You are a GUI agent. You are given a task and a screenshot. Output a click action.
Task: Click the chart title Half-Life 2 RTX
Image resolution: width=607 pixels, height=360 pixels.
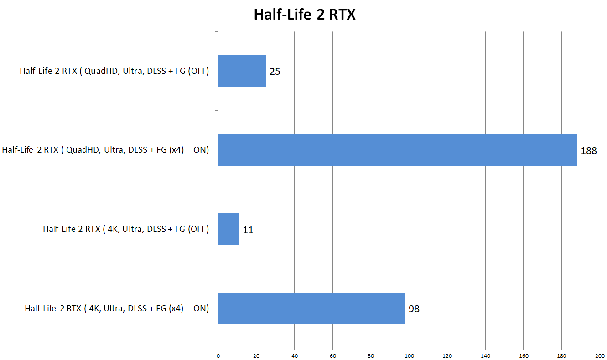click(x=304, y=15)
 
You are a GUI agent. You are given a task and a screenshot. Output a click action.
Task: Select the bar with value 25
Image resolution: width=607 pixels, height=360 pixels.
click(x=242, y=71)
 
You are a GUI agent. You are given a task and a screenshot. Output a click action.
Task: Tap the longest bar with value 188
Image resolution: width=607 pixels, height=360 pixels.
click(x=397, y=150)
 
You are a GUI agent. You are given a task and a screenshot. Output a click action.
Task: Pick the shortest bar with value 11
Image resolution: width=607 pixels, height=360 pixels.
click(x=228, y=229)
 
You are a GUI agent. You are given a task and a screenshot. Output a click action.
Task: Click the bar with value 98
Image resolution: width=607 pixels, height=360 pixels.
click(x=311, y=309)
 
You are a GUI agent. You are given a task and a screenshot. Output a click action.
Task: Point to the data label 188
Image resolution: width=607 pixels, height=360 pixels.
click(x=589, y=151)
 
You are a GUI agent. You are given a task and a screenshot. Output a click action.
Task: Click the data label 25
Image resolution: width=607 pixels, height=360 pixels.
click(x=275, y=72)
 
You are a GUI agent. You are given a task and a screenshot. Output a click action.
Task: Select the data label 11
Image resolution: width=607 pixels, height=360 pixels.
click(x=248, y=230)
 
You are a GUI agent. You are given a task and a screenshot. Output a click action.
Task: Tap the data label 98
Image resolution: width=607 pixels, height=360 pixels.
click(x=414, y=309)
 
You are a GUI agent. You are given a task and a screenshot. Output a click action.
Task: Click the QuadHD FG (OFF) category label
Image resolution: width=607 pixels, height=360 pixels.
click(x=114, y=71)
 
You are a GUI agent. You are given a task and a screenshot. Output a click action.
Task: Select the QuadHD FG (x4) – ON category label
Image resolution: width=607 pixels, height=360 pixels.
click(x=105, y=150)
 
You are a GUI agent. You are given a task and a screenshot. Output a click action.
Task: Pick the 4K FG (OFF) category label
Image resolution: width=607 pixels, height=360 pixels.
click(x=126, y=229)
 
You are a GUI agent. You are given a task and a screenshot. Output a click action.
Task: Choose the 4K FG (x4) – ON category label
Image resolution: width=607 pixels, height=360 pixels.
click(x=117, y=309)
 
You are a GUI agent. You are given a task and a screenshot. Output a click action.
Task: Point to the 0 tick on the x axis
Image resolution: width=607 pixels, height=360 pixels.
click(x=218, y=355)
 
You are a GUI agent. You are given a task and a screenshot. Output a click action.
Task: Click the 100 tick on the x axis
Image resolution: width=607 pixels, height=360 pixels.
click(x=409, y=355)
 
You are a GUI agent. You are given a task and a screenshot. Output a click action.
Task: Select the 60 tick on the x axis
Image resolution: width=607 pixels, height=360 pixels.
click(x=332, y=355)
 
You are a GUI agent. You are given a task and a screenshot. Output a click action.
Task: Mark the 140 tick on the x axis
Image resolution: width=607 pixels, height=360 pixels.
click(x=485, y=355)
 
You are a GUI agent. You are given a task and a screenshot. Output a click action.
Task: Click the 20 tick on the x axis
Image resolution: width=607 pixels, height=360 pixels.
click(x=256, y=355)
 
